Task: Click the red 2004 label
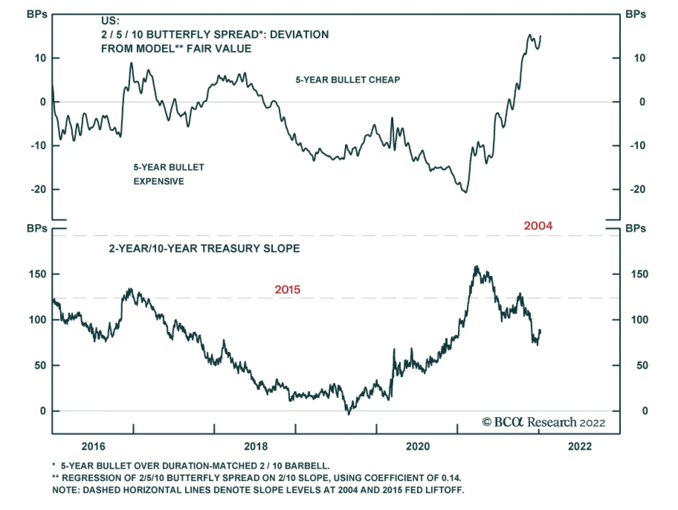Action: (538, 226)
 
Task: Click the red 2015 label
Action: (287, 289)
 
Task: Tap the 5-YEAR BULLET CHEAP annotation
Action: (347, 80)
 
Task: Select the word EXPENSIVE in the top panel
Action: (158, 181)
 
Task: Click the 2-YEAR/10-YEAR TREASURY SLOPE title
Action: (204, 248)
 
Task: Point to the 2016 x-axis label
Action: (93, 446)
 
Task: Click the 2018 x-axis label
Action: (256, 446)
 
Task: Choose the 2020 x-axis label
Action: (418, 446)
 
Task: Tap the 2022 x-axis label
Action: (580, 446)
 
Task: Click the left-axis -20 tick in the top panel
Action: (38, 189)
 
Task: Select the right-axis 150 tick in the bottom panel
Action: (639, 274)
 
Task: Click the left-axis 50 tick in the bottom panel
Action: (40, 365)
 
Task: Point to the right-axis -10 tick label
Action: (637, 146)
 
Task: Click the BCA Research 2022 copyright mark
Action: (544, 422)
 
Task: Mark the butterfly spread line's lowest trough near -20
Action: (466, 192)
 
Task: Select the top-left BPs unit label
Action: (37, 14)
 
